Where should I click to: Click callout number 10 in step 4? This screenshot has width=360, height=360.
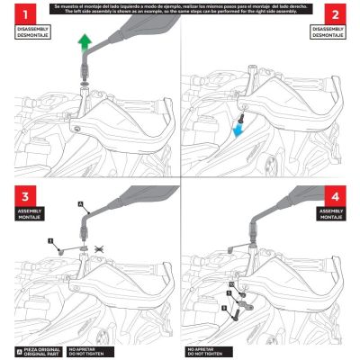tap(231, 283)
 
